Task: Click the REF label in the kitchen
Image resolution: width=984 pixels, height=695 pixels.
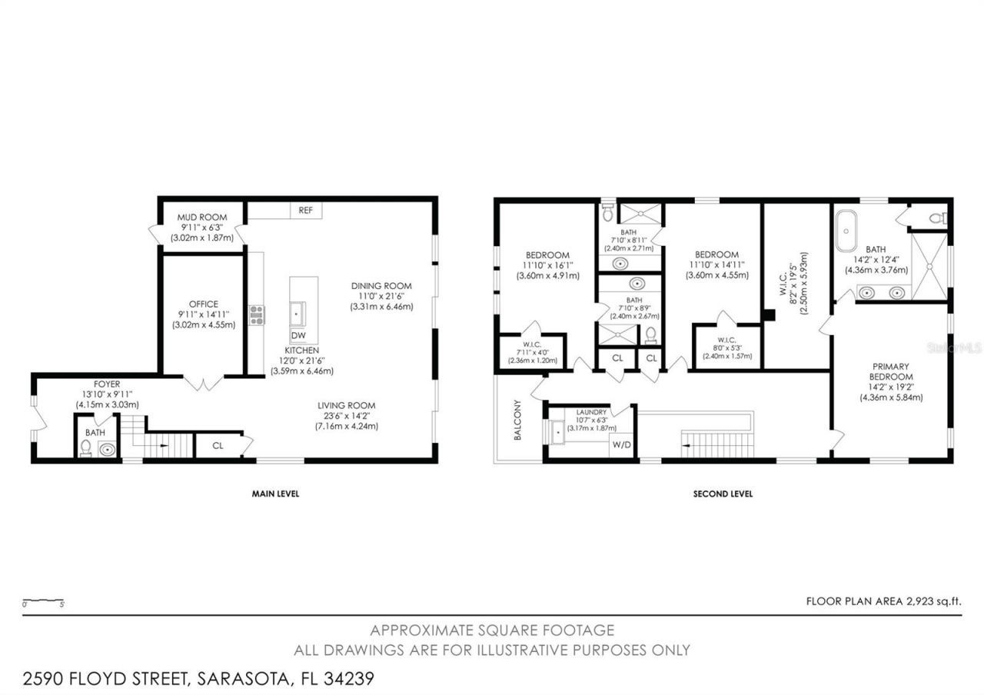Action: pyautogui.click(x=305, y=210)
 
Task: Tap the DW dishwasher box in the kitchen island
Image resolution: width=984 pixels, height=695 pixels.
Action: pyautogui.click(x=298, y=337)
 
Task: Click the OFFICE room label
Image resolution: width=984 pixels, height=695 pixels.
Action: pyautogui.click(x=204, y=304)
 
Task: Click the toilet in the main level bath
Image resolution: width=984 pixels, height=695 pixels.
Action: pyautogui.click(x=86, y=449)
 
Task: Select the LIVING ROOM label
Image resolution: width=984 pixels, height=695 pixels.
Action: pyautogui.click(x=346, y=406)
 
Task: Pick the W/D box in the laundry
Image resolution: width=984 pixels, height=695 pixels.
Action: pyautogui.click(x=620, y=445)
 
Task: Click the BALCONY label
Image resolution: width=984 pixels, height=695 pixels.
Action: pyautogui.click(x=517, y=421)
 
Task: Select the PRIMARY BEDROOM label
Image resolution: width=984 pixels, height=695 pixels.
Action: pyautogui.click(x=892, y=371)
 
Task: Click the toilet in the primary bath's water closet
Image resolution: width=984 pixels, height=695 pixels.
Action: pyautogui.click(x=937, y=219)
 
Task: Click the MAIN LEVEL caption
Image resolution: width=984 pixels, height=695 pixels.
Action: pyautogui.click(x=275, y=494)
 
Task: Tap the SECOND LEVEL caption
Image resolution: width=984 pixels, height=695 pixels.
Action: pyautogui.click(x=723, y=494)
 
